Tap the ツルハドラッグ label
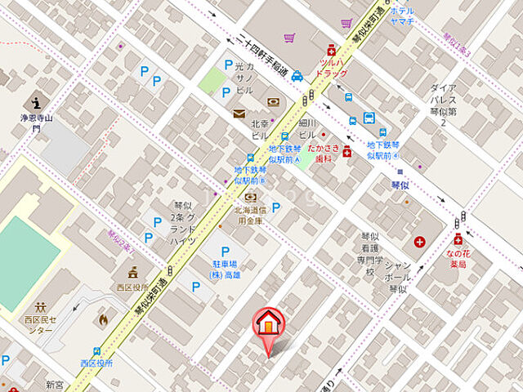332,67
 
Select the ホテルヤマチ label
402,17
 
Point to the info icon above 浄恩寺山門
35,104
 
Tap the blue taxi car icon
298,75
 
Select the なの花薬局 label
457,259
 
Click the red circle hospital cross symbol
420,242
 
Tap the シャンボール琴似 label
397,276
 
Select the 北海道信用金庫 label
250,215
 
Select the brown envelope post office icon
239,114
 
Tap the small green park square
212,80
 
